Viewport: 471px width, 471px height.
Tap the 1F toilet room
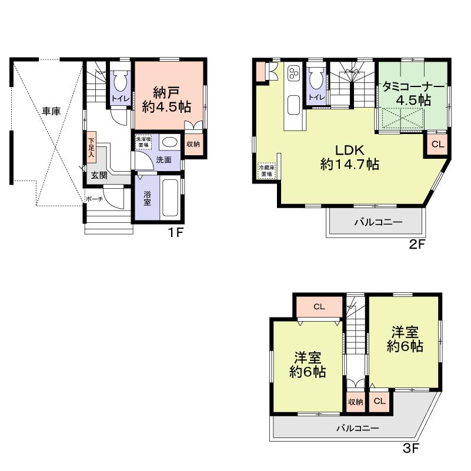pos(121,88)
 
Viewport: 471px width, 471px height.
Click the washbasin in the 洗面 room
pos(170,143)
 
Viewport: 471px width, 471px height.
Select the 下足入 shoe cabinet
pos(92,147)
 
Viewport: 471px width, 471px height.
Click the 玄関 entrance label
pos(99,175)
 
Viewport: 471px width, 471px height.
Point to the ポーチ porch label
pos(94,199)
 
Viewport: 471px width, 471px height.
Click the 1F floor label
pos(176,233)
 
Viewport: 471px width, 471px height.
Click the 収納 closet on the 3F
pos(355,402)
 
